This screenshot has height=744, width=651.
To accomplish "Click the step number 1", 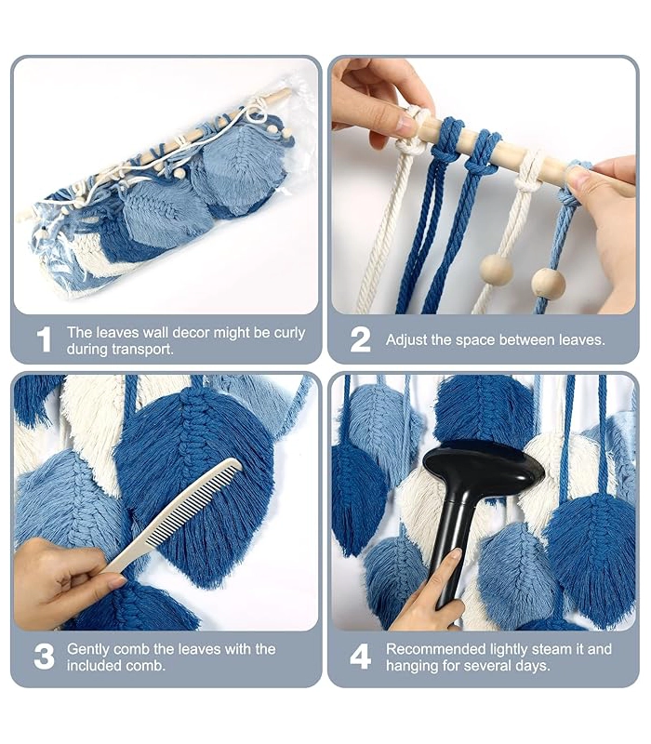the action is coord(44,339).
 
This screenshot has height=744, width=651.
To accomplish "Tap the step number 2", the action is coord(360,339).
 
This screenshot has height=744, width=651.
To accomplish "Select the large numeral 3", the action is coord(44,657).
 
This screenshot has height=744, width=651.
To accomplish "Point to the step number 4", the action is coord(360,657).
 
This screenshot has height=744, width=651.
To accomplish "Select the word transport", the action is coord(142,350).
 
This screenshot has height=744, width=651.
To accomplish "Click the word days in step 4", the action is coord(532,666).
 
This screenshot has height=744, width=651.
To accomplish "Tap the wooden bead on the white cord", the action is coord(497,270).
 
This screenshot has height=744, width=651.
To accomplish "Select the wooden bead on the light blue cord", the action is coord(548,283).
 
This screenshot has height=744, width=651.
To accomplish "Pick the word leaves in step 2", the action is coord(579,340).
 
